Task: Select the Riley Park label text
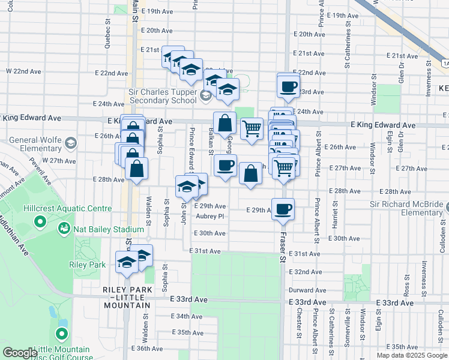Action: (88, 265)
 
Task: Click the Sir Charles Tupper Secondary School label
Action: (162, 96)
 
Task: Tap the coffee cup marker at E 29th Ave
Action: (283, 210)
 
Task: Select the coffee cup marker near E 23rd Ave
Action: (289, 86)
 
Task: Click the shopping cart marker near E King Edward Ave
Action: (252, 128)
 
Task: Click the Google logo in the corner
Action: (19, 353)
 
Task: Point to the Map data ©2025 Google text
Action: (411, 355)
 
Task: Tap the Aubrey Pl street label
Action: (209, 217)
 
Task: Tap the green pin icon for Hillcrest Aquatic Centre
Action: (40, 223)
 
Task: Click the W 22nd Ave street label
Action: (23, 71)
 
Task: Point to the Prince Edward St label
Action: (191, 147)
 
